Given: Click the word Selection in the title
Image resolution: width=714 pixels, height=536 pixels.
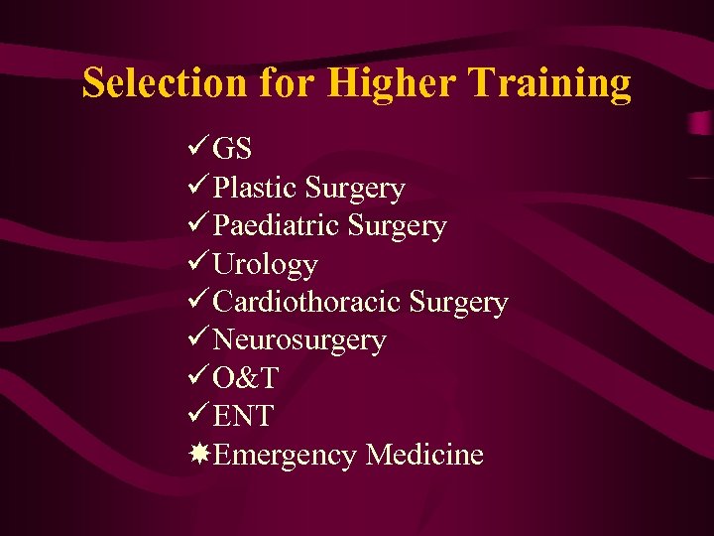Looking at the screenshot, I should coord(163,83).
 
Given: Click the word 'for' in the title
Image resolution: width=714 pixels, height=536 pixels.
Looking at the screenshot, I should coord(288,83).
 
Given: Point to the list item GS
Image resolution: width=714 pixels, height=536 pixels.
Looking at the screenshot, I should coord(233,150).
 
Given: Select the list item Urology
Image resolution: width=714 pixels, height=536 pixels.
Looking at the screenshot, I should coord(266,265).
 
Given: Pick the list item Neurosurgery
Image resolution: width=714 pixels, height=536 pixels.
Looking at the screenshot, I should coord(299,340).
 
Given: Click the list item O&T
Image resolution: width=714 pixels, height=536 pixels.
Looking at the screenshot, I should coord(246,378).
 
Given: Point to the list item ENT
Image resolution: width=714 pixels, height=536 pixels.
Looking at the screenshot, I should coord(243,417).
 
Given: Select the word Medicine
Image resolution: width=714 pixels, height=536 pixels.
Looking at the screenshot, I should coord(424,455).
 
